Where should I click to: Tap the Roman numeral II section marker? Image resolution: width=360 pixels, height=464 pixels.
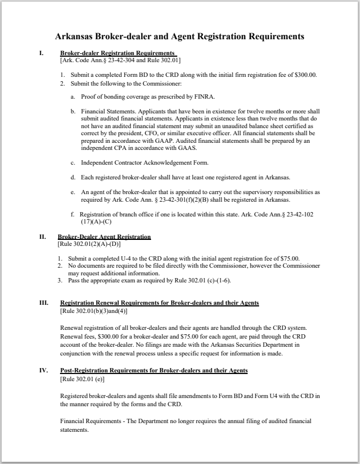tap(43, 237)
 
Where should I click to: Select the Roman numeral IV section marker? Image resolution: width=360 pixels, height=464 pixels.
tap(44, 370)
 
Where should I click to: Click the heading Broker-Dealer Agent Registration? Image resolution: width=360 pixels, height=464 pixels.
tap(104, 237)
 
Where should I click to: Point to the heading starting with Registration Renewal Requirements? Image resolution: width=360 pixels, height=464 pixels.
tap(159, 303)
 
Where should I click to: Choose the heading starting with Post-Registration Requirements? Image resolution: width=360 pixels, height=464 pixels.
tap(153, 370)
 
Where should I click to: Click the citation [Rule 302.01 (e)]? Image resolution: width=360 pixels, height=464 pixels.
tap(82, 378)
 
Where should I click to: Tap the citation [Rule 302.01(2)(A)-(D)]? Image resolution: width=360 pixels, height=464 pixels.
tap(89, 245)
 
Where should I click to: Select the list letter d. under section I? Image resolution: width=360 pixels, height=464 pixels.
tap(73, 177)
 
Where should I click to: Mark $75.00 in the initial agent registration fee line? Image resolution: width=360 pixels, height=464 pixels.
tap(288, 258)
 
